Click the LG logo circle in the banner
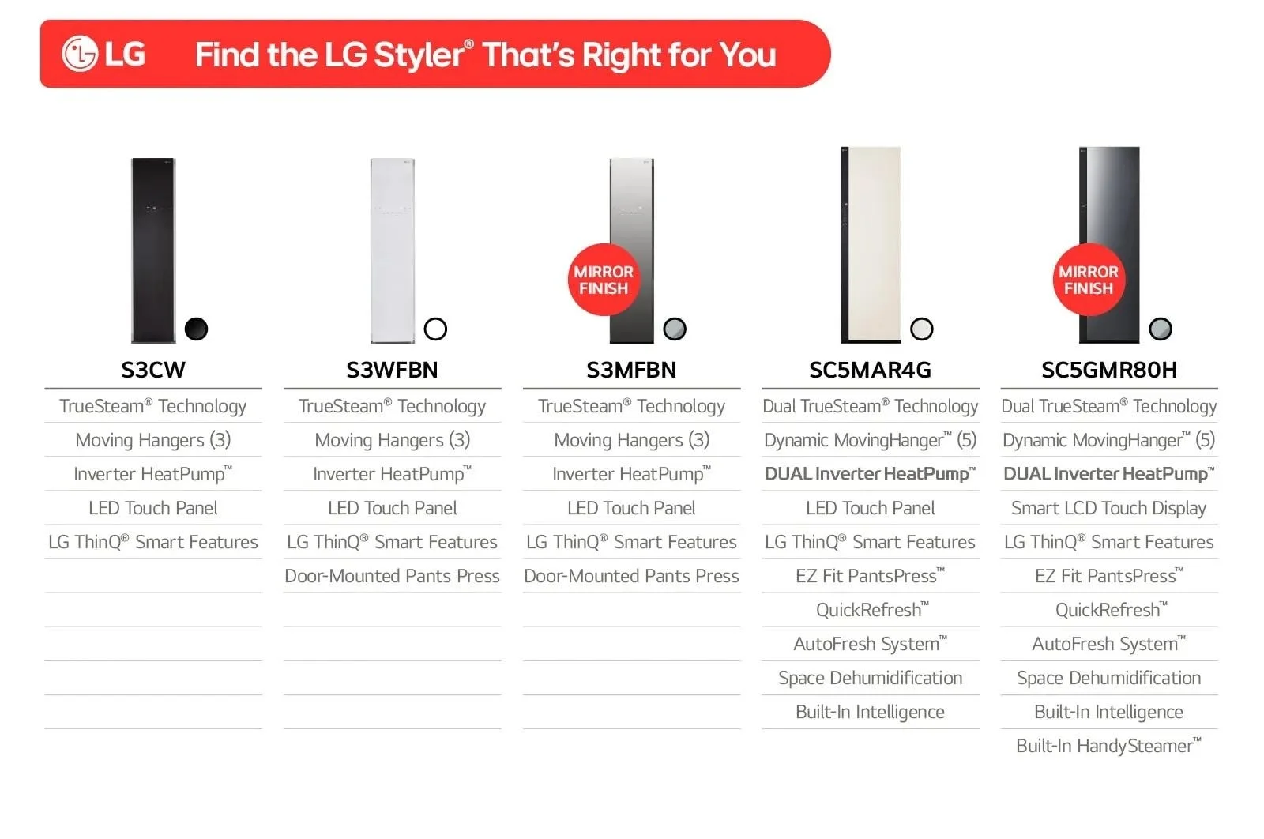pos(80,54)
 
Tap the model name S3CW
pos(153,371)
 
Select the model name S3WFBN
pos(392,371)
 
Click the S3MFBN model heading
pos(631,371)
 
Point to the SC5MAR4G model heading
pos(870,371)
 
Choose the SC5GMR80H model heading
pos(1109,371)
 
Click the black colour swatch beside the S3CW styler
pos(197,329)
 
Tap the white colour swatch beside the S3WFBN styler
pos(435,329)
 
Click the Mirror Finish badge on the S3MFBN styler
pos(604,280)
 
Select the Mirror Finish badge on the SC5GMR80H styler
pos(1089,280)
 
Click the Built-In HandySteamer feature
pos(1109,745)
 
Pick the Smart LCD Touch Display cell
pos(1109,508)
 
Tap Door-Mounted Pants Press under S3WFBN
pos(392,575)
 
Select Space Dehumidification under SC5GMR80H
pos(1109,678)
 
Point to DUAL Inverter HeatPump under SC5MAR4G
pos(870,474)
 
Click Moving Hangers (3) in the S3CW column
pos(153,440)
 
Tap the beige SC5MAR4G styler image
pos(871,245)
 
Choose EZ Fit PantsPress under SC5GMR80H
pos(1109,575)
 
